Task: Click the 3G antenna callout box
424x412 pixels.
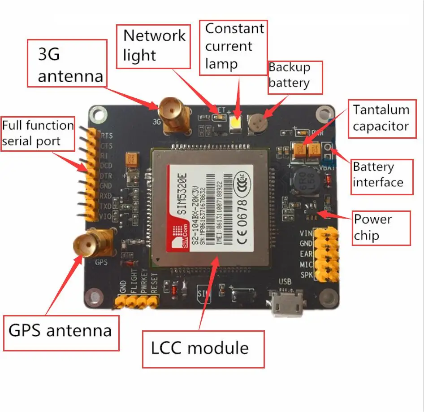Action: [x=67, y=63]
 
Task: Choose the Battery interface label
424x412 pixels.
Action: [x=381, y=175]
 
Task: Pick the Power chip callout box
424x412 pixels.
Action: [x=381, y=228]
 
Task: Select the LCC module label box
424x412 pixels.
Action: [x=203, y=349]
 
